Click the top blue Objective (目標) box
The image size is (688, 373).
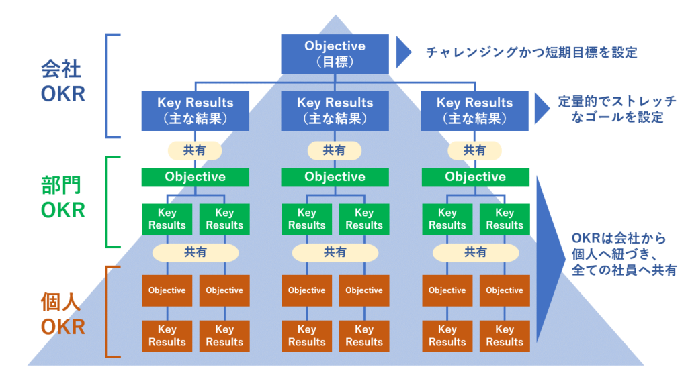[x=335, y=54]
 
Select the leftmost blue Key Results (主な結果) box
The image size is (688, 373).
[x=195, y=111]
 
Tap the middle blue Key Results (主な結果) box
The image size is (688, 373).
[x=335, y=111]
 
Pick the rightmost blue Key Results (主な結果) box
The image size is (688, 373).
[x=474, y=111]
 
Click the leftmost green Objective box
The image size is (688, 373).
[x=195, y=177]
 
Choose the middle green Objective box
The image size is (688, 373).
[x=335, y=177]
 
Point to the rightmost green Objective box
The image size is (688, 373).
[x=475, y=177]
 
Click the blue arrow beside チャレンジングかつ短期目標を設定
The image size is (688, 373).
[x=403, y=52]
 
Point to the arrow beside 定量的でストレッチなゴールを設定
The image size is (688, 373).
[x=542, y=108]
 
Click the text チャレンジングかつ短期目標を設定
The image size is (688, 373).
[x=531, y=52]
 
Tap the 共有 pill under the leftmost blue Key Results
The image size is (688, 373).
[x=195, y=150]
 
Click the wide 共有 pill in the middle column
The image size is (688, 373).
[x=335, y=252]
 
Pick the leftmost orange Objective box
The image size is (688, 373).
[x=167, y=290]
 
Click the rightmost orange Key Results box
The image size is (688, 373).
[x=504, y=335]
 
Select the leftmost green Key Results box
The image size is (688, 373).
[x=167, y=219]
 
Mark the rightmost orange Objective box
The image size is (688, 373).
[x=504, y=290]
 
